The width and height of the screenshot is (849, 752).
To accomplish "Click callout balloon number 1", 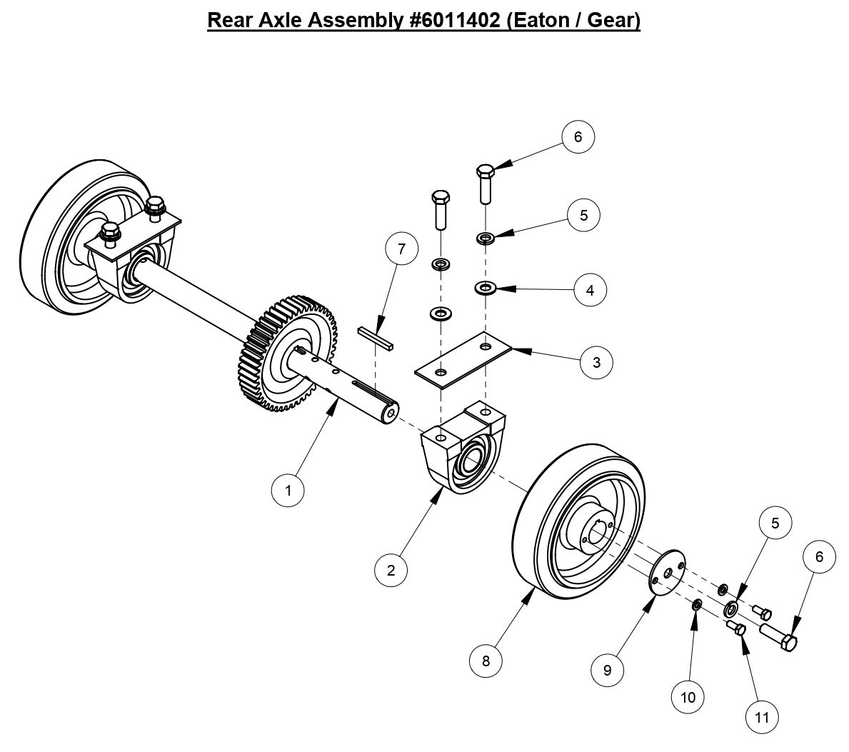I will coord(288,490).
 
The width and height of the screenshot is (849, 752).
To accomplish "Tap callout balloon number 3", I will coord(596,362).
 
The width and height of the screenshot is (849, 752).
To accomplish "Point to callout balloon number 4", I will coord(590,290).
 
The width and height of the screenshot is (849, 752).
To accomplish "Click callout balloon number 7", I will coord(401,249).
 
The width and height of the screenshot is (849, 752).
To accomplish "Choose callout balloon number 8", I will coord(486,661).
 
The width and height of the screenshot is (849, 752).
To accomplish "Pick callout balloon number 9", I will coord(608,670).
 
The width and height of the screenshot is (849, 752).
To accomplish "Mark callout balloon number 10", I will coord(688,696).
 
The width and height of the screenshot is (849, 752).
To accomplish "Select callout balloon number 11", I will coord(762,716).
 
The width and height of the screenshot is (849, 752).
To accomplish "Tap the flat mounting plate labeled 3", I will coord(464,359).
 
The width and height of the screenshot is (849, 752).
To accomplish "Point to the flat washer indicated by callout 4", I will coord(486,289).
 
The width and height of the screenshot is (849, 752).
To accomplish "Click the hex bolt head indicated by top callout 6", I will coord(485,172).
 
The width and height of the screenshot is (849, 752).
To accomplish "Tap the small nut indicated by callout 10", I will coord(697,606).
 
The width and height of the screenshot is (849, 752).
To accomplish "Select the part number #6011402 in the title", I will coord(453,20).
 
